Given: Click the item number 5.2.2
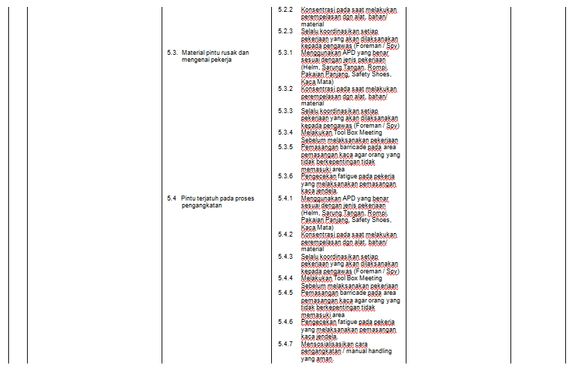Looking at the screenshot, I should pos(285,9).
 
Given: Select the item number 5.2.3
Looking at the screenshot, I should pos(285,31).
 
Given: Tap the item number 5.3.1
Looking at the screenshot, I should pos(285,52).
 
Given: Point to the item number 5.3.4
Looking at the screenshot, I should pos(285,132).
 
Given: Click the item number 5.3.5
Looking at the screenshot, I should pos(285,146).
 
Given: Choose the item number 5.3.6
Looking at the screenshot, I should pos(285,176).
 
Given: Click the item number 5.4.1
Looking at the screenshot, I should pos(285,198).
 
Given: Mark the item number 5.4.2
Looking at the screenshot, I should pos(285,234).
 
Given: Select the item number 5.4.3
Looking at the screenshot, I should pos(285,256).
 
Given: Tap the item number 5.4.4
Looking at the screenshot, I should pos(285,278).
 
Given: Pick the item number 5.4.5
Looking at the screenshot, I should pos(285,292).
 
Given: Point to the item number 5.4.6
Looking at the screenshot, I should pos(285,321).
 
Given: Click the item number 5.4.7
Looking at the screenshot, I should pos(285,343).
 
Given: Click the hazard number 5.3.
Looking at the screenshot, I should pos(172,52).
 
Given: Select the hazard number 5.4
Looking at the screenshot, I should pos(171,198).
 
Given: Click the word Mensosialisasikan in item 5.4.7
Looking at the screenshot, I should pos(325,343).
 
